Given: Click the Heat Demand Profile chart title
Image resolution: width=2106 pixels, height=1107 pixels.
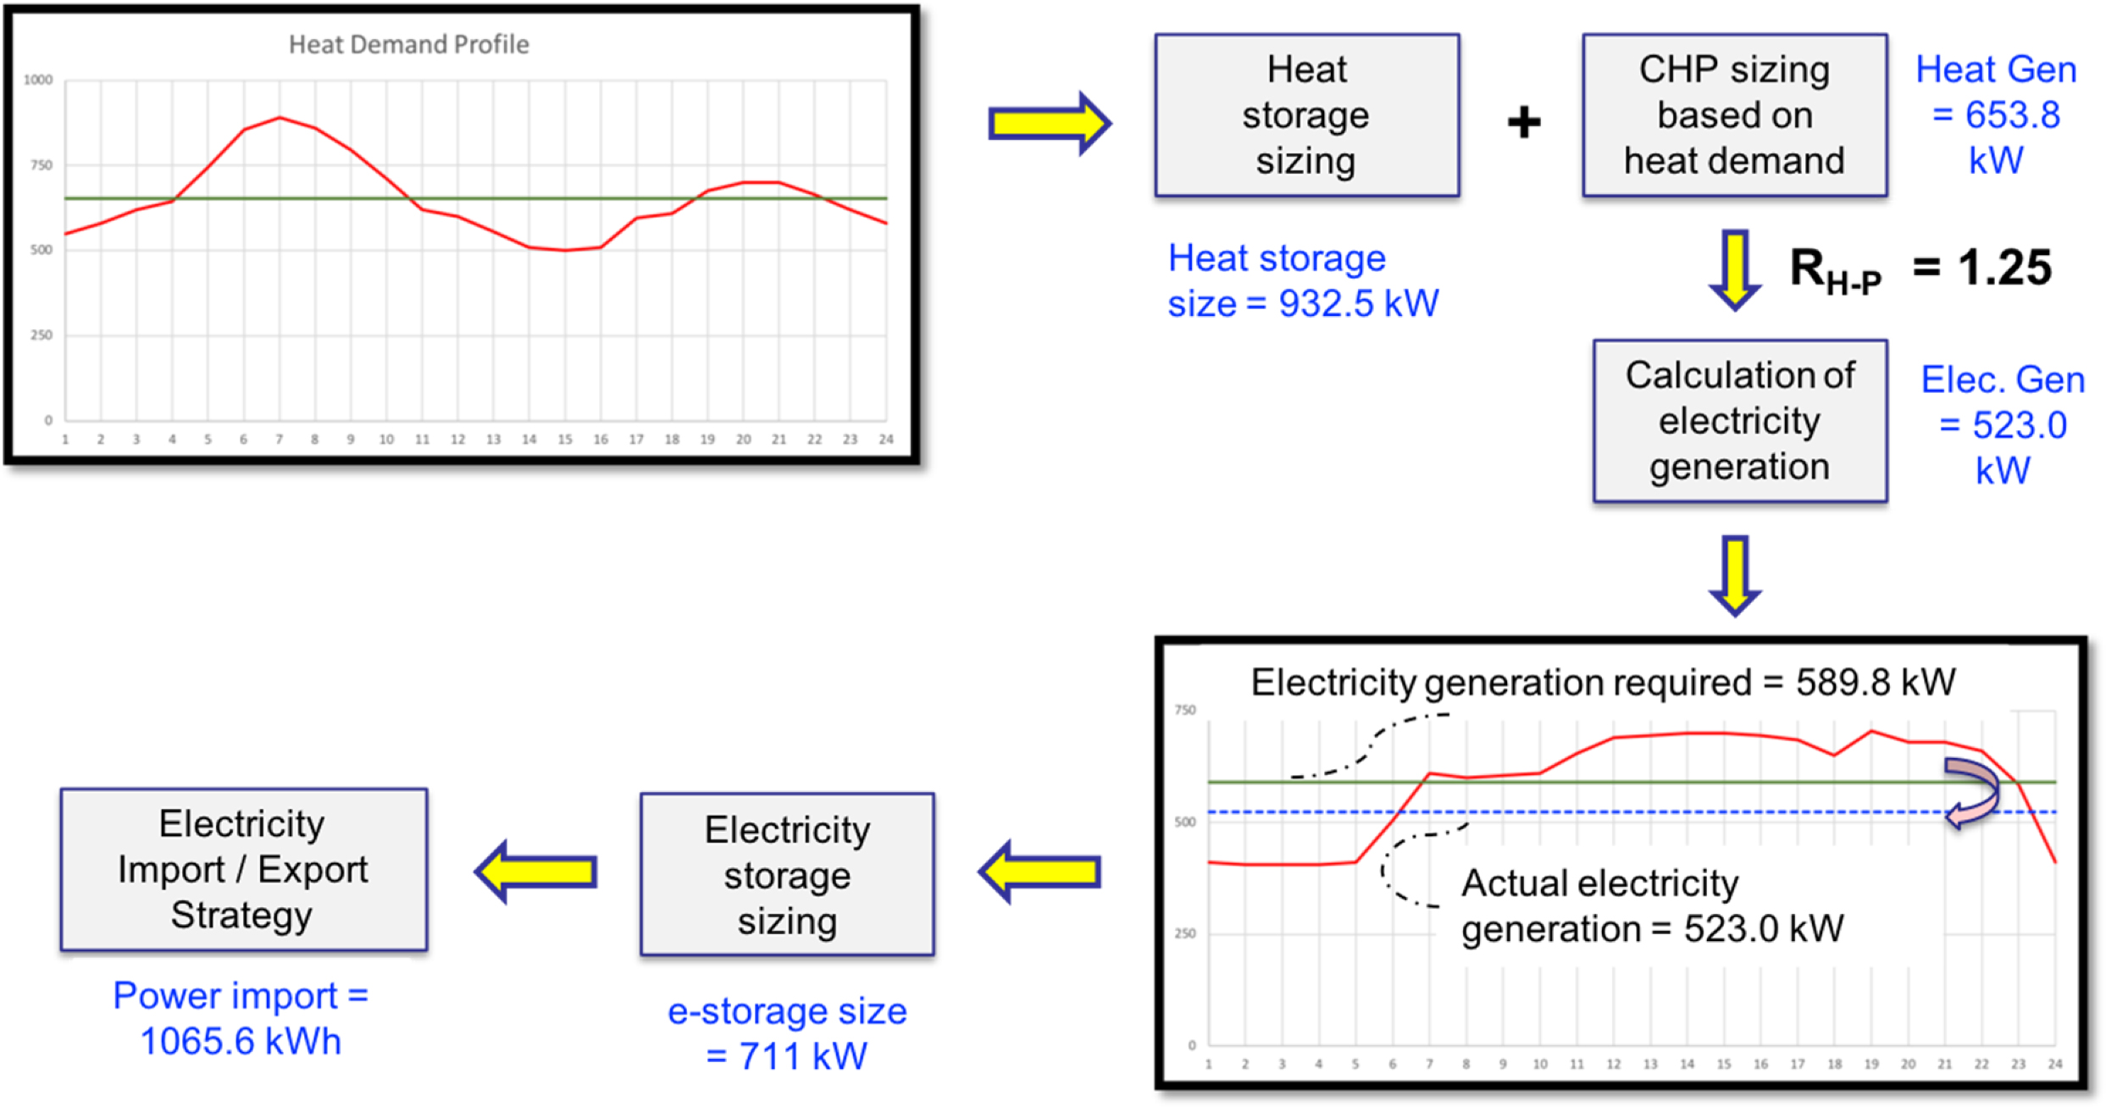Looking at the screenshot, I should tap(408, 44).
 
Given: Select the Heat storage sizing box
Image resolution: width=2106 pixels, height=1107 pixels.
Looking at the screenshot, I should tap(1306, 115).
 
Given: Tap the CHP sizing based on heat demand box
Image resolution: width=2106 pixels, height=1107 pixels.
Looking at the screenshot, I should tap(1734, 115).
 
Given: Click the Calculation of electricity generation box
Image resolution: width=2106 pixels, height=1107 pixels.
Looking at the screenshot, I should tap(1739, 421).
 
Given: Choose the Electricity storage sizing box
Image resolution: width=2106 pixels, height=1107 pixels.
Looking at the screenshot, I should tap(787, 875).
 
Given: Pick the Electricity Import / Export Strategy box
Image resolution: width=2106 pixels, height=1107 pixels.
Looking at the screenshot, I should tap(243, 870).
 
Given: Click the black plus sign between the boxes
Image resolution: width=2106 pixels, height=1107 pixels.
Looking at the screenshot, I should tap(1523, 123).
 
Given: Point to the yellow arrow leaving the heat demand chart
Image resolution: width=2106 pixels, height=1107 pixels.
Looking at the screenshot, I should tap(1049, 124).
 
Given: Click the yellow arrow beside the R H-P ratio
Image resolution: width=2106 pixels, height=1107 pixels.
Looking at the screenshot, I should tap(1735, 269).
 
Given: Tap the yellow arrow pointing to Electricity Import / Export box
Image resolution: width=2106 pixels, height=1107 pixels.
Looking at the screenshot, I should tap(536, 872).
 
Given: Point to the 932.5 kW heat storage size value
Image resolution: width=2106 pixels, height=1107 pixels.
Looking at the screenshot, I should tap(1358, 304).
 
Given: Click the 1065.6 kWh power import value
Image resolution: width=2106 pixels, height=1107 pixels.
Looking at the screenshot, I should tap(241, 1042).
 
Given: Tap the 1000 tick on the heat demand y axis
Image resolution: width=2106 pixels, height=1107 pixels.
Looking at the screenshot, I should tap(38, 80).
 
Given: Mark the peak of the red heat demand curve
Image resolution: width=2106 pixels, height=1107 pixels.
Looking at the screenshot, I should tap(280, 118).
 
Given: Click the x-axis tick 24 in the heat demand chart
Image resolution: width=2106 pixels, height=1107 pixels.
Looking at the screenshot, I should tap(885, 440).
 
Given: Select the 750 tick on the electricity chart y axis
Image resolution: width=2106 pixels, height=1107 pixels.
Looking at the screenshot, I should tap(1184, 710).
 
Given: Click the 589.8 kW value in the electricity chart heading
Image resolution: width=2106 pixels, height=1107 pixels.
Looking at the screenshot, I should tap(1876, 682).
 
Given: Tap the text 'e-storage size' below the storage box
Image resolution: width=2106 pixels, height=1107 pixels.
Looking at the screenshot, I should tap(787, 1011).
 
